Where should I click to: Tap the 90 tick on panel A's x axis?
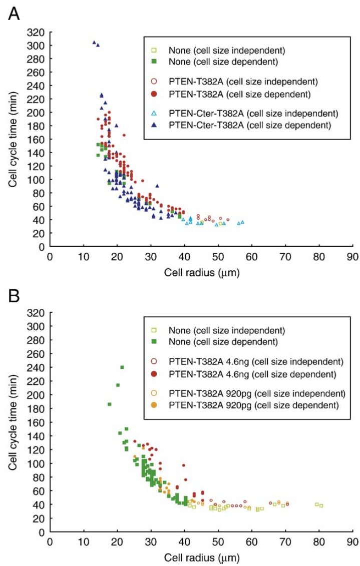point(352,256)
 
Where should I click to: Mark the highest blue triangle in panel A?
point(94,43)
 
